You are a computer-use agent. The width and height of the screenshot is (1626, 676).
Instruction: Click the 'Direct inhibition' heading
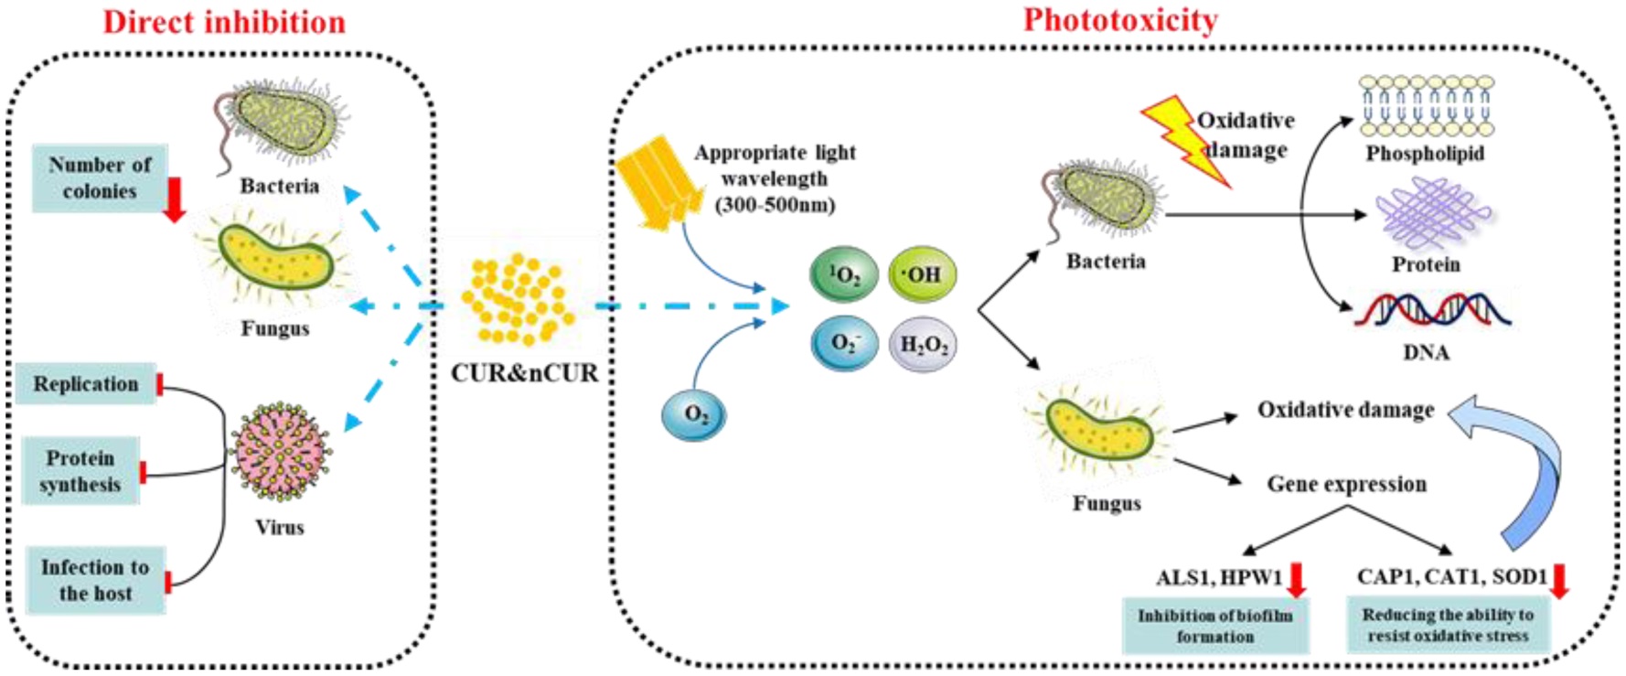[x=224, y=22]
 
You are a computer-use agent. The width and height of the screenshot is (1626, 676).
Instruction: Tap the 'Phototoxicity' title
[x=1119, y=20]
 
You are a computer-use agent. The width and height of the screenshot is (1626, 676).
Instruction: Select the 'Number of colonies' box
[x=100, y=178]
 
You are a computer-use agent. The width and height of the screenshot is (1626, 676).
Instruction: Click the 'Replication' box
[x=86, y=384]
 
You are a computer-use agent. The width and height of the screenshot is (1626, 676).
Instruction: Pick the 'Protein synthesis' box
[x=80, y=471]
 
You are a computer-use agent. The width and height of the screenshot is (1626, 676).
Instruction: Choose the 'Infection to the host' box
[x=95, y=580]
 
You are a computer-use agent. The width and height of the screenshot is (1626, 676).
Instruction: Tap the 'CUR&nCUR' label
[x=524, y=373]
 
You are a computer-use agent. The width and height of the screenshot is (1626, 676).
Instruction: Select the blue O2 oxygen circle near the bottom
[x=694, y=414]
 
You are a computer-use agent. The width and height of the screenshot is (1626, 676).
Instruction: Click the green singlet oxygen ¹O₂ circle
[x=844, y=274]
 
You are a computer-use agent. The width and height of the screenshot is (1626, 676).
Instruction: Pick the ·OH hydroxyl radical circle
[x=922, y=274]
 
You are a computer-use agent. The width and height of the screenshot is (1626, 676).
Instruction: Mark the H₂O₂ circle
[x=924, y=344]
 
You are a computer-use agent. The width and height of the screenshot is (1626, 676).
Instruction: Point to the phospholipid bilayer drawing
[x=1425, y=107]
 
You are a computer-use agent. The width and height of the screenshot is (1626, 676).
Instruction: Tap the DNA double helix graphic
[x=1431, y=310]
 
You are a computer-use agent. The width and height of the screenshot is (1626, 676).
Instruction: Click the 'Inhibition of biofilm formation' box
[x=1214, y=626]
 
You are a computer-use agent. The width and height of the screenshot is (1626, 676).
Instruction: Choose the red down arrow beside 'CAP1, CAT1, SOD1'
[x=1559, y=581]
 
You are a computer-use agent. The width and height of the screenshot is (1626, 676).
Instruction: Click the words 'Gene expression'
[x=1346, y=484]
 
